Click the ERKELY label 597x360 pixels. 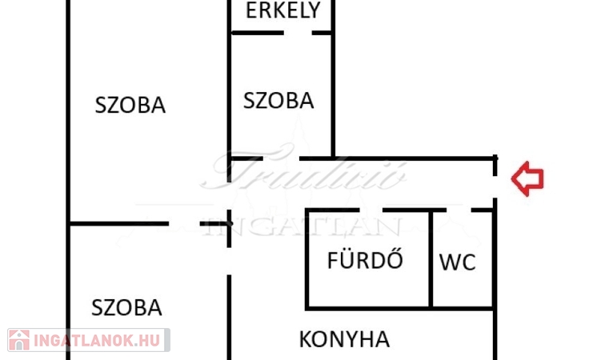(283, 10)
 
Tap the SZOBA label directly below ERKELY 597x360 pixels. (278, 101)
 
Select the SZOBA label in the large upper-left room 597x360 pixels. (130, 105)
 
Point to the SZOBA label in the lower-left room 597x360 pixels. (126, 307)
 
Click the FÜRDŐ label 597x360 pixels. (365, 260)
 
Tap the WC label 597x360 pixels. (458, 262)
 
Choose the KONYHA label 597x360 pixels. (344, 339)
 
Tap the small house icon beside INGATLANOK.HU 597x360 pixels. (19, 340)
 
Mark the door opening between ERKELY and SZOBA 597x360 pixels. (298, 33)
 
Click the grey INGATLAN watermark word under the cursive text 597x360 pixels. (304, 226)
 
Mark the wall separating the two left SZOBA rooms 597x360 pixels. (120, 224)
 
